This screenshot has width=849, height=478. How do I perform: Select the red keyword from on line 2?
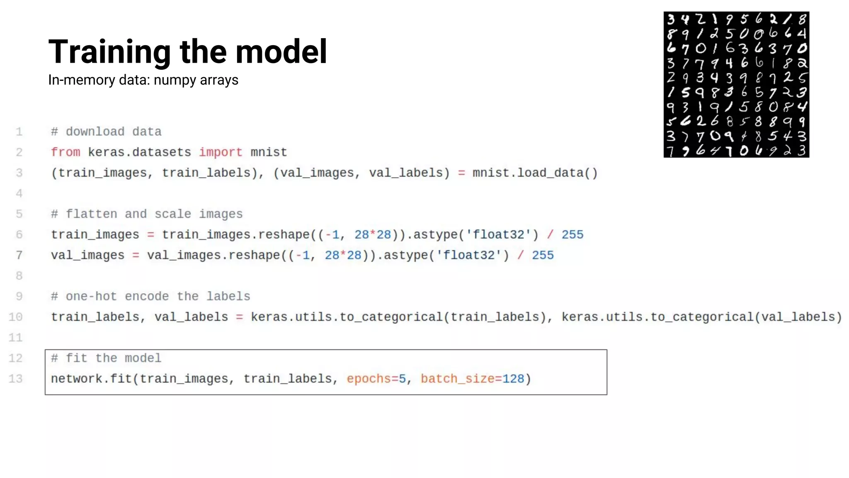pyautogui.click(x=65, y=152)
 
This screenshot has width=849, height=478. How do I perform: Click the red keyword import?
pyautogui.click(x=221, y=152)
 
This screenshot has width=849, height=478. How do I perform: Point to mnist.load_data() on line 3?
pyautogui.click(x=535, y=173)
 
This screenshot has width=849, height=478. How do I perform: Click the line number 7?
pyautogui.click(x=19, y=255)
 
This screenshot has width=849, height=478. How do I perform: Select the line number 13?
pyautogui.click(x=16, y=379)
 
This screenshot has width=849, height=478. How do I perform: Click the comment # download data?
pyautogui.click(x=106, y=132)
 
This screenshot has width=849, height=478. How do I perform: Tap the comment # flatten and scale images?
pyautogui.click(x=147, y=214)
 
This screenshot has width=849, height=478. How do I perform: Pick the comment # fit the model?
pyautogui.click(x=106, y=358)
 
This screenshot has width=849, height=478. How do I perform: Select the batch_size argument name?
pyautogui.click(x=458, y=379)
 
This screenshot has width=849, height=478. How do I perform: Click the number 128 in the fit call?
pyautogui.click(x=513, y=379)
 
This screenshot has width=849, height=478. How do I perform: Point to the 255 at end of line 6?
pyautogui.click(x=572, y=235)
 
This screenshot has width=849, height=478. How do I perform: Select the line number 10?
pyautogui.click(x=16, y=317)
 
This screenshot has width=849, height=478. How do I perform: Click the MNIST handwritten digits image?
pyautogui.click(x=736, y=85)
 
